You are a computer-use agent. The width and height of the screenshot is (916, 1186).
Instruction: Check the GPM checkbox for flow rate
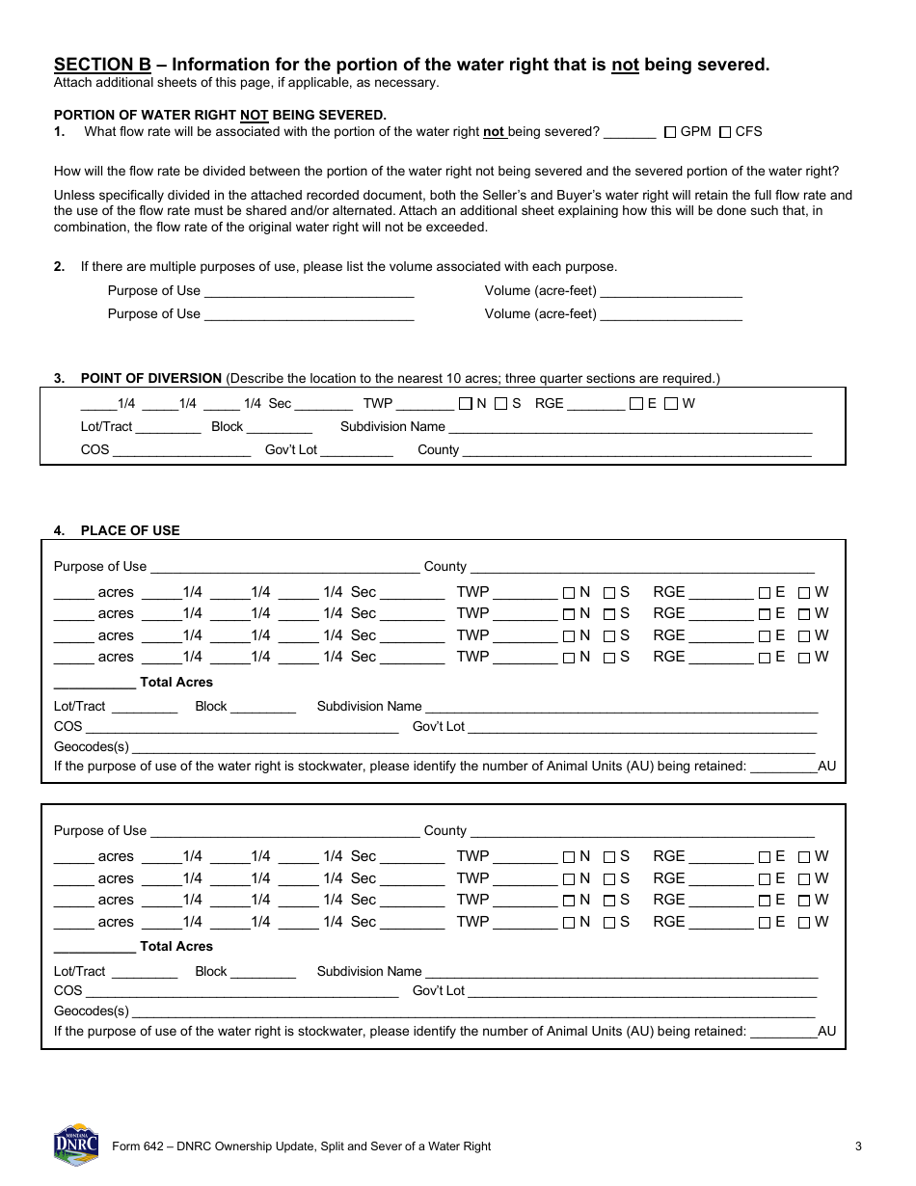click(x=670, y=132)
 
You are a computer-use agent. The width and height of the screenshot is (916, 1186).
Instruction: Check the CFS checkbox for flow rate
click(x=725, y=132)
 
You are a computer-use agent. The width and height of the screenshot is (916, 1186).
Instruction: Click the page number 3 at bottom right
click(x=857, y=1146)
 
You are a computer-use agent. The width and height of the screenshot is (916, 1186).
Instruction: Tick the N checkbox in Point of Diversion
click(x=466, y=404)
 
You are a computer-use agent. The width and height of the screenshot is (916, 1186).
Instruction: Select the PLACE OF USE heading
click(x=129, y=530)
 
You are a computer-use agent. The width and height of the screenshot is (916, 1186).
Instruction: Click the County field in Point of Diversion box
click(x=636, y=450)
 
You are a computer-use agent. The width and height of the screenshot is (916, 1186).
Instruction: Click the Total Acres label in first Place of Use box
click(x=176, y=682)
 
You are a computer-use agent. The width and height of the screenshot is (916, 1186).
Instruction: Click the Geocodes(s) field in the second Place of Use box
click(x=472, y=1011)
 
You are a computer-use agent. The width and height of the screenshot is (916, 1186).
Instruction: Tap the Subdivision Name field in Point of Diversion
click(x=630, y=427)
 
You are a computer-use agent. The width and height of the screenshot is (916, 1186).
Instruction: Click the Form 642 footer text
click(x=301, y=1146)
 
